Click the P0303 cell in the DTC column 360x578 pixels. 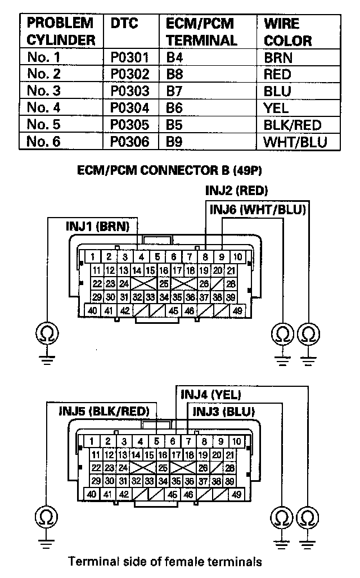click(129, 91)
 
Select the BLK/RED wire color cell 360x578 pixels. click(292, 125)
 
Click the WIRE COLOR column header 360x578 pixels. click(287, 33)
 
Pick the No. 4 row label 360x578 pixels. click(43, 108)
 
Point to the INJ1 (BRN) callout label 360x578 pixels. click(97, 227)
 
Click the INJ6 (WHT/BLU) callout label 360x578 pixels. click(257, 210)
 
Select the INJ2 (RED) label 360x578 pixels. click(236, 191)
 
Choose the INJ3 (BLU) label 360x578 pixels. click(223, 411)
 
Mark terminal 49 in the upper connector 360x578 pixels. click(237, 310)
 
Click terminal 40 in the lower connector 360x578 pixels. click(92, 494)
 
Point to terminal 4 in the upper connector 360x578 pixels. click(141, 257)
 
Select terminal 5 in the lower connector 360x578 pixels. click(157, 441)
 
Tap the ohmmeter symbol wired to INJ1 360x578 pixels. click(43, 335)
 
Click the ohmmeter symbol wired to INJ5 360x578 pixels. click(43, 515)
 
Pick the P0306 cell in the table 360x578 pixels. click(129, 142)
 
